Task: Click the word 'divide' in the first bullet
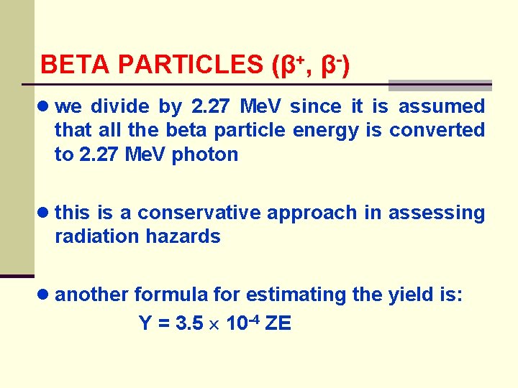120,107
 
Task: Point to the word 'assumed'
442,107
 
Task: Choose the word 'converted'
437,131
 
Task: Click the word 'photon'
206,154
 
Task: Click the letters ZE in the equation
278,324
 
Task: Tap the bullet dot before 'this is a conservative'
45,213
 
